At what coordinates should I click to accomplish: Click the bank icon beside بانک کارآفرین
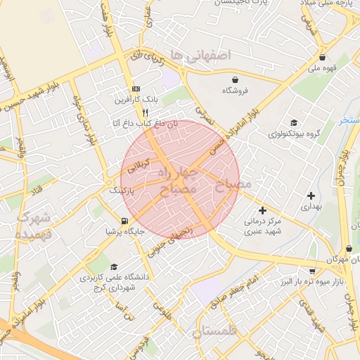[136, 89]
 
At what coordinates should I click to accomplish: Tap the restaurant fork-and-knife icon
[145, 112]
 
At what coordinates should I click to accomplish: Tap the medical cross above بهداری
[310, 195]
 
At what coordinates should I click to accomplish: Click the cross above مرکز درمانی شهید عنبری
[262, 210]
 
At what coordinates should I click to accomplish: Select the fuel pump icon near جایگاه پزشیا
[124, 221]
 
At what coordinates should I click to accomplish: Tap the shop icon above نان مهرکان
[349, 248]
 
